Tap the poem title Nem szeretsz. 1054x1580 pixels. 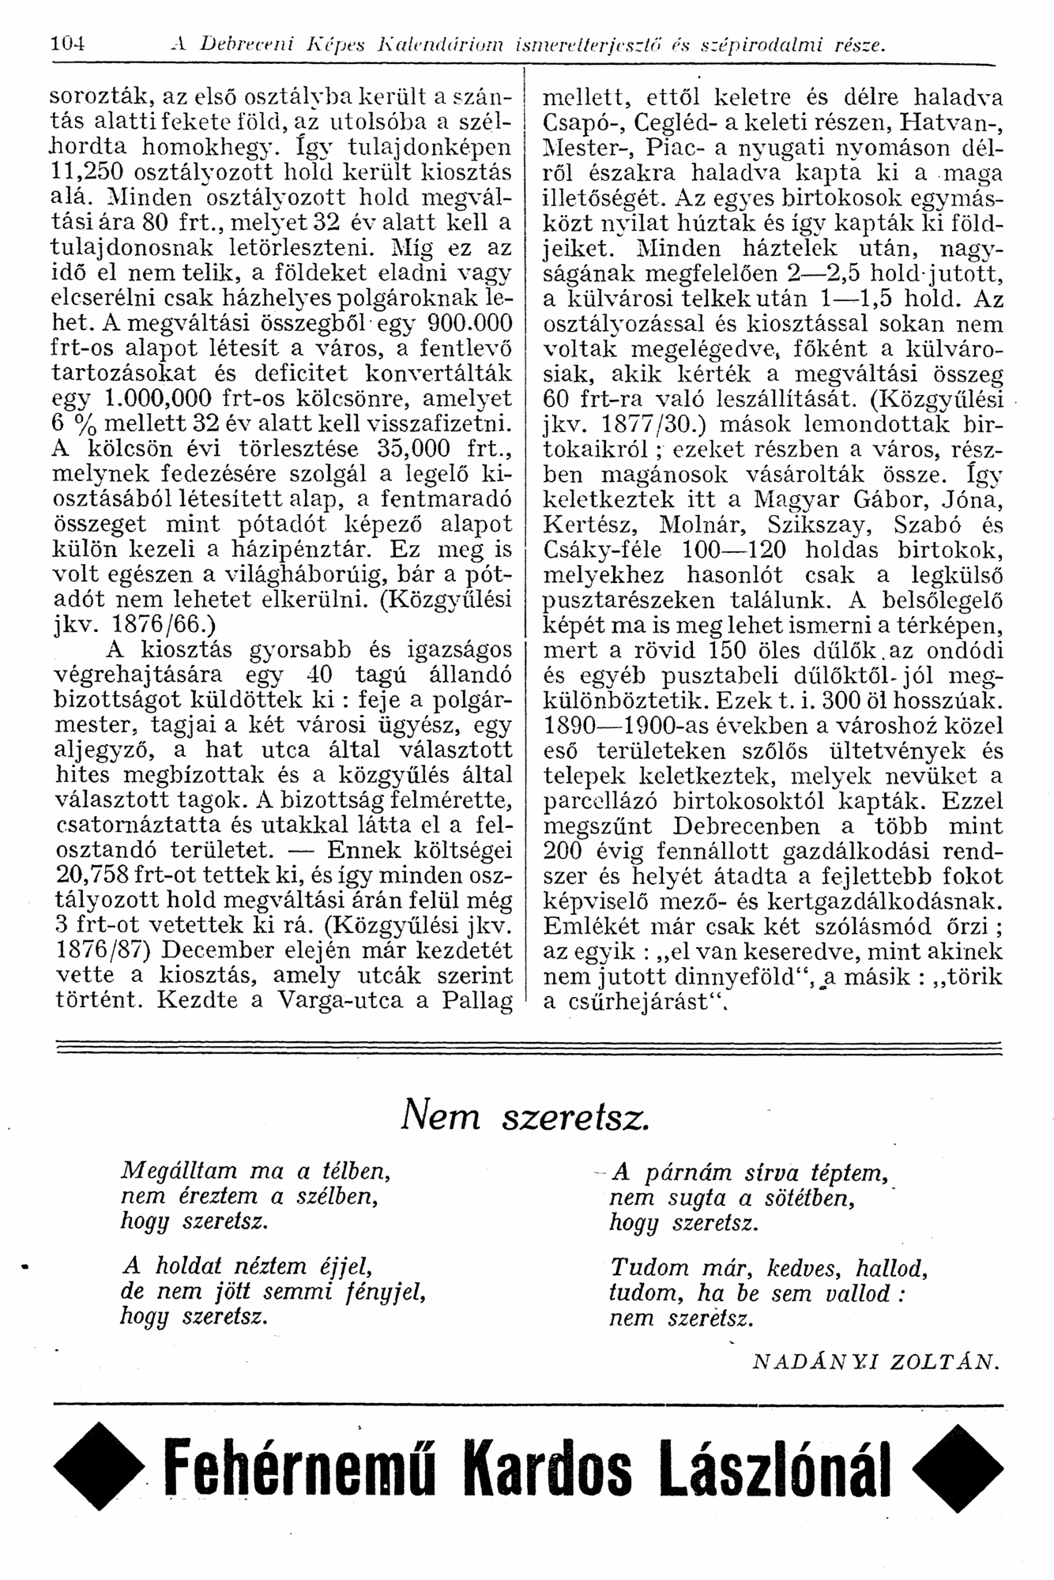[x=526, y=1115]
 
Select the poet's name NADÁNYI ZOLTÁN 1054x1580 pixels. [x=875, y=1362]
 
